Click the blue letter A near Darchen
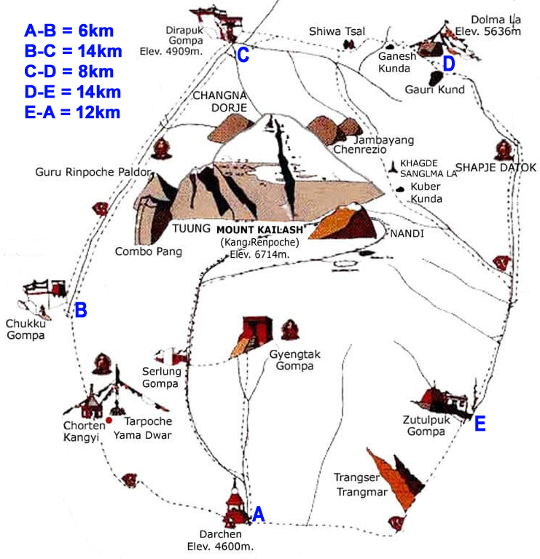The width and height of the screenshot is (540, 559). click(x=257, y=515)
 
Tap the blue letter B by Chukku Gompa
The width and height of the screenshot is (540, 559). click(x=81, y=310)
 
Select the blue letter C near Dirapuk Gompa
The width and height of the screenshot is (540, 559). click(x=243, y=55)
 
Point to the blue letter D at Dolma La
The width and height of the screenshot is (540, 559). click(x=449, y=65)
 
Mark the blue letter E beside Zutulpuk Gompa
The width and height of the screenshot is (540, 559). click(x=480, y=424)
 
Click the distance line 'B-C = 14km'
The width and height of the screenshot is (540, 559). click(x=72, y=51)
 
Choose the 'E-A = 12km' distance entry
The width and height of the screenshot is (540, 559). click(x=72, y=112)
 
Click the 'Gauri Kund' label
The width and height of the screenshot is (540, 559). click(x=434, y=90)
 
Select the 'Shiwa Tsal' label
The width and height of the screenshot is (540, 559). click(x=337, y=31)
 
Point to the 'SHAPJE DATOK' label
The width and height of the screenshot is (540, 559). click(x=496, y=168)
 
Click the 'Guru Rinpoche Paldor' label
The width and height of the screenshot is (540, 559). click(x=93, y=173)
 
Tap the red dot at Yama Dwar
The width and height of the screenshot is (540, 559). click(x=109, y=421)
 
